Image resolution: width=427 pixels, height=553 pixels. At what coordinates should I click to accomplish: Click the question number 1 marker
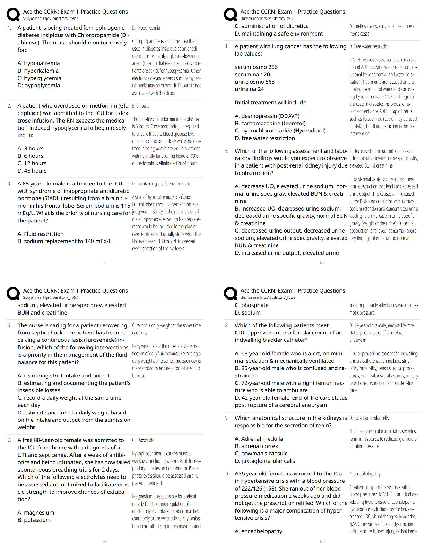click(10, 28)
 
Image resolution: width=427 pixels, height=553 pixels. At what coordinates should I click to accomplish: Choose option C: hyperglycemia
click(39, 78)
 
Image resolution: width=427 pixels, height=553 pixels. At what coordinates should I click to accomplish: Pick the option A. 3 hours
click(30, 148)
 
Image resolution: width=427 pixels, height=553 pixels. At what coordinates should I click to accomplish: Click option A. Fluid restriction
click(40, 234)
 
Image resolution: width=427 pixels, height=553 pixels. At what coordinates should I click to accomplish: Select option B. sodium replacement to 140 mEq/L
click(65, 241)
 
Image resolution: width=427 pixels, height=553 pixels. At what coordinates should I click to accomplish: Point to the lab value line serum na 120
click(252, 74)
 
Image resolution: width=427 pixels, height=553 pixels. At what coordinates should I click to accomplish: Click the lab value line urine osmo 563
click(255, 82)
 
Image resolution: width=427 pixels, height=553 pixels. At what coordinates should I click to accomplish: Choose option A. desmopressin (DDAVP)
click(267, 116)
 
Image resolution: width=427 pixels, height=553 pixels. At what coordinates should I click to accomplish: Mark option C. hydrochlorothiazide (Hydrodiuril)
click(280, 131)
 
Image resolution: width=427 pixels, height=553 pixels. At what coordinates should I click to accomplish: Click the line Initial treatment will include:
click(271, 102)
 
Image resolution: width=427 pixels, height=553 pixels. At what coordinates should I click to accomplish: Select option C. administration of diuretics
click(271, 26)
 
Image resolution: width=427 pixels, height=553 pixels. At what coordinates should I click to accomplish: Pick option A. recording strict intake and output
click(63, 376)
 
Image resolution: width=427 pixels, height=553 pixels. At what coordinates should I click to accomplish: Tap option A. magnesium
click(36, 513)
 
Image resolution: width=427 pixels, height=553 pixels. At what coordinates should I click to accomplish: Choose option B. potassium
click(34, 520)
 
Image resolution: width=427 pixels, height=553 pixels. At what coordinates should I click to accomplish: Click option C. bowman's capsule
click(261, 453)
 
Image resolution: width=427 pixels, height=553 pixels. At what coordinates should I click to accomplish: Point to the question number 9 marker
click(227, 418)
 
